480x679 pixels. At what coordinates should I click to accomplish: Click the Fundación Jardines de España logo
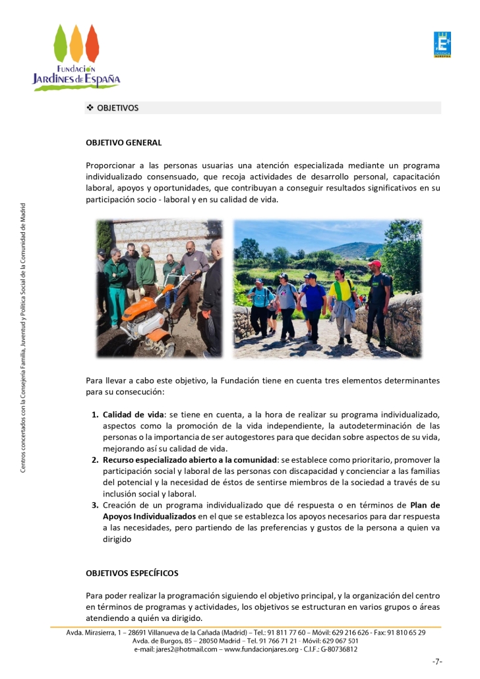coord(76,57)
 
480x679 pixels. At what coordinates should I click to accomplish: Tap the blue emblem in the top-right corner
coord(442,44)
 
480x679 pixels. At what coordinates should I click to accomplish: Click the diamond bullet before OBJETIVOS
coord(90,107)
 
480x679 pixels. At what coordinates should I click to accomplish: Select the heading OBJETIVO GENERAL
coord(123,142)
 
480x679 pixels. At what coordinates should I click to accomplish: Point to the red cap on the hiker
coord(375,264)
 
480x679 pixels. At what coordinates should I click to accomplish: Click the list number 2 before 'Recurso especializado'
coord(94,459)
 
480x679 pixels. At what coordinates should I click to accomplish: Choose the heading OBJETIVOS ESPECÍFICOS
coord(132,573)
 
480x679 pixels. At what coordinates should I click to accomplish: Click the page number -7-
coord(436,661)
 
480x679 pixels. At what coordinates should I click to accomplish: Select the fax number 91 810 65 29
coord(404,632)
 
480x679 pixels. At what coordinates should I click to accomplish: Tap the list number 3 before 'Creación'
coord(94,505)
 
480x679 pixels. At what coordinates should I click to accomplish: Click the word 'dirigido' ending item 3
coord(117,539)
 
